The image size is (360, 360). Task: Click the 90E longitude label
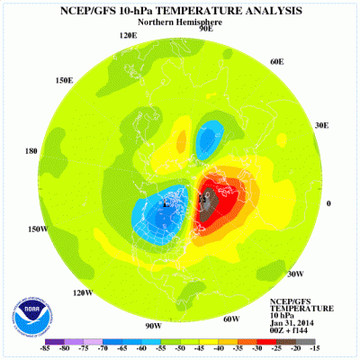click(x=205, y=29)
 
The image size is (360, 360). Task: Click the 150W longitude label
click(x=37, y=229)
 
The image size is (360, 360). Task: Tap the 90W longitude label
click(x=153, y=325)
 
